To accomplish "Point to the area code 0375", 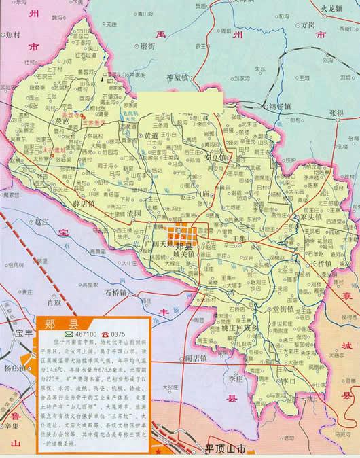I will [119, 335].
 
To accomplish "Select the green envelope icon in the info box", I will [69, 335].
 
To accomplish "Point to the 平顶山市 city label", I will [227, 450].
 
